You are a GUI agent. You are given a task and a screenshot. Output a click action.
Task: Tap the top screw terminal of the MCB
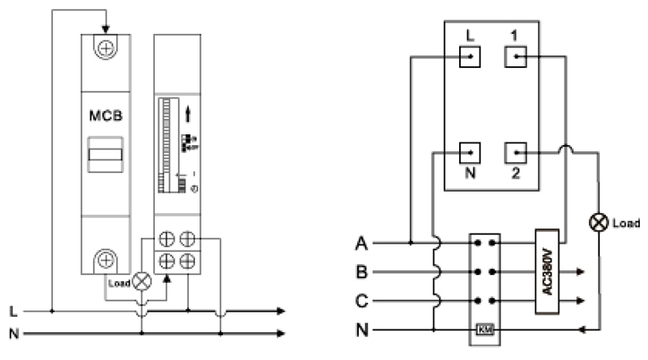[x=106, y=49]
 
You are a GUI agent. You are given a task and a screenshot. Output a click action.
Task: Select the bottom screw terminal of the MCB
[x=106, y=261]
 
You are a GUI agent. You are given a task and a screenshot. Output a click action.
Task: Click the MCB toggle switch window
[x=106, y=158]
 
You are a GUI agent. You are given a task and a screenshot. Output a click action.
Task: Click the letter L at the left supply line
[x=12, y=312]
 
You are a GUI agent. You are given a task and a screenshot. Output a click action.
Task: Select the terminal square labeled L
[x=471, y=58]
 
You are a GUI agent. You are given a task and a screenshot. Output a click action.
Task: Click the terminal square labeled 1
[x=516, y=58]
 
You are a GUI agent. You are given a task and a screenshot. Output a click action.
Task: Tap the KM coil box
[x=485, y=330]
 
